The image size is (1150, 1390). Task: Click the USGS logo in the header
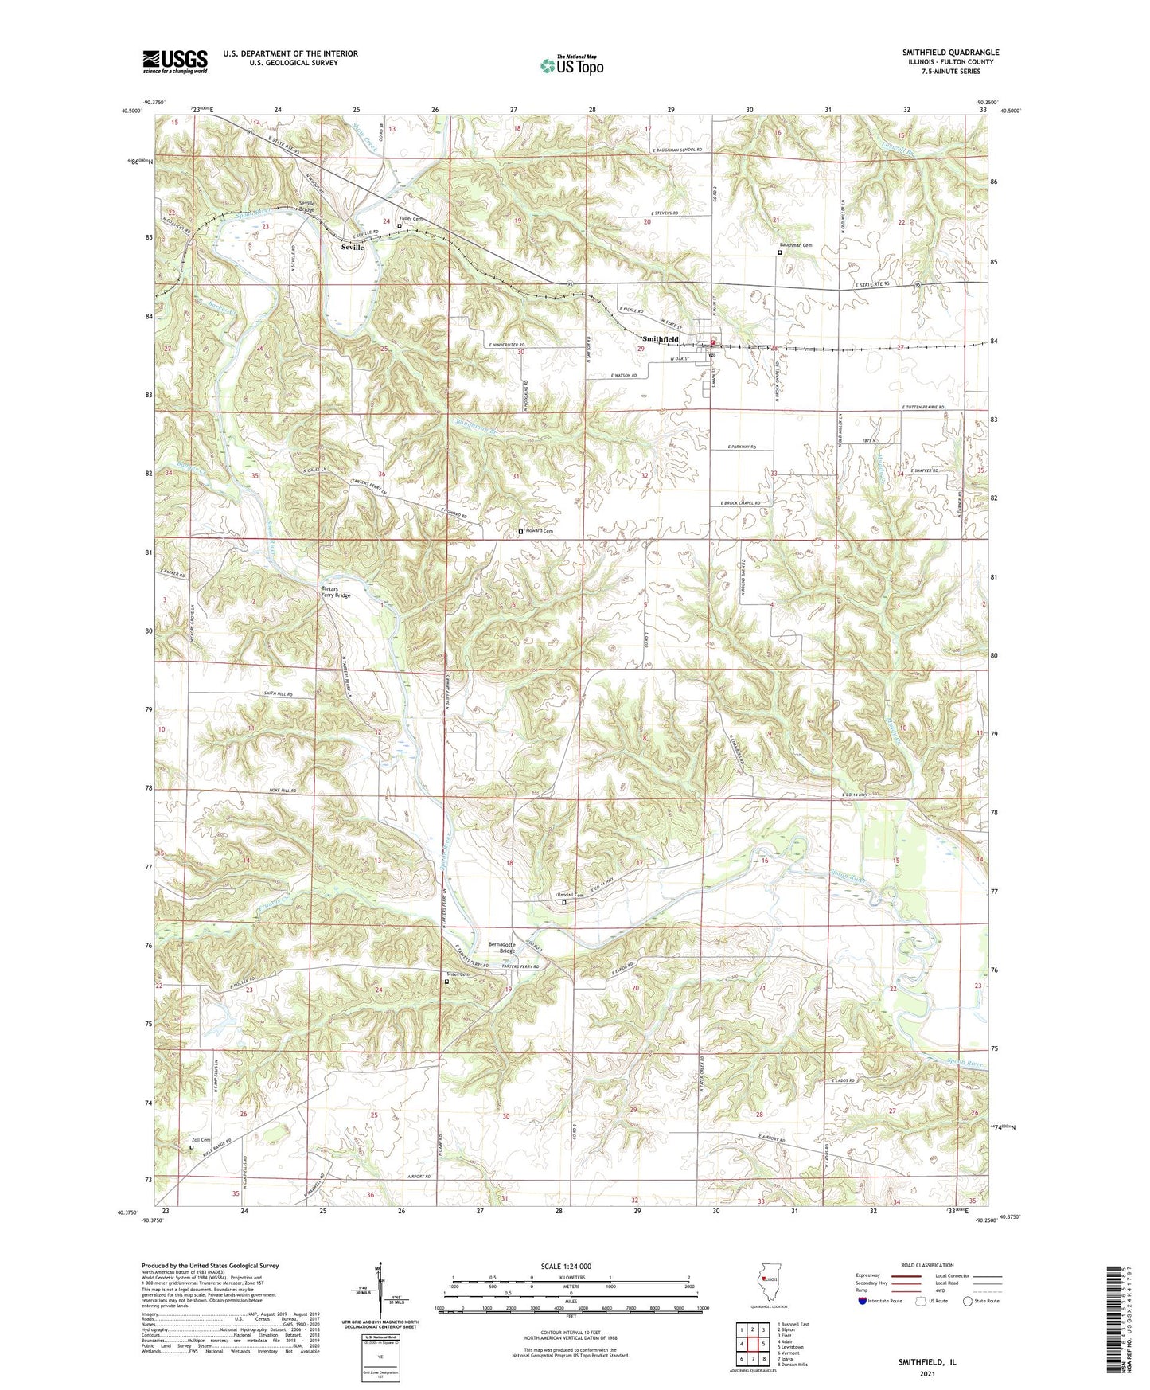click(x=174, y=61)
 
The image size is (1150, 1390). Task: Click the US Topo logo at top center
click(x=571, y=65)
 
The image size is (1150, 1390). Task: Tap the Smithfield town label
click(x=661, y=339)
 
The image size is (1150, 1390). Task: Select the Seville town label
click(x=352, y=248)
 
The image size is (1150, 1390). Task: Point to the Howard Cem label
click(x=538, y=531)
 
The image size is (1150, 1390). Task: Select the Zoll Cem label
click(x=201, y=1140)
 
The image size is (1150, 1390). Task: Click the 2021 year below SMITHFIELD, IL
click(x=926, y=1373)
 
